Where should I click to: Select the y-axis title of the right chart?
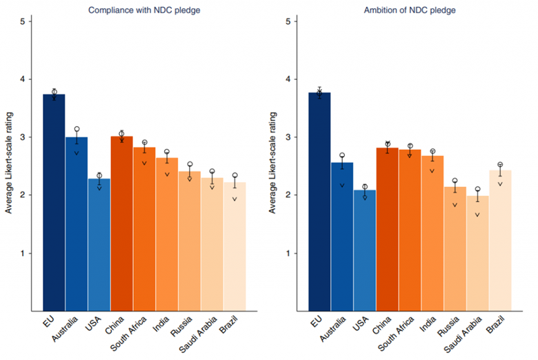[275, 166]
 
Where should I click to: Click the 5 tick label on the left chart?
[23, 21]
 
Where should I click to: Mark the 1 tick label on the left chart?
[23, 253]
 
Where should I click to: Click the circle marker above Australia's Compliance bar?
[77, 129]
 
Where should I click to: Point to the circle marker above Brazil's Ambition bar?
[500, 165]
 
